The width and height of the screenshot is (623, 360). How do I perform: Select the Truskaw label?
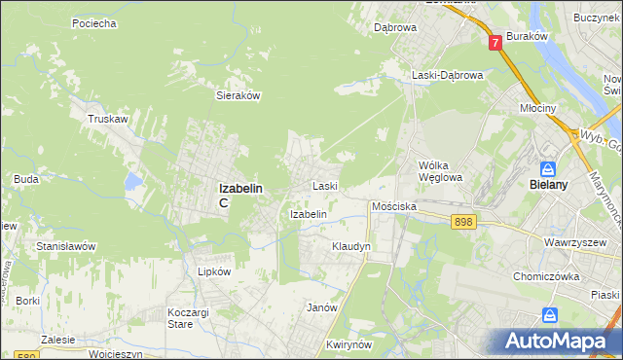(108, 119)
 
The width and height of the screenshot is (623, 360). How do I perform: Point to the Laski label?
(324, 185)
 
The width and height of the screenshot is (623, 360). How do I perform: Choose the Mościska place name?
(394, 207)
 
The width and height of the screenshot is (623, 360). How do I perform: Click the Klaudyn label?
(351, 247)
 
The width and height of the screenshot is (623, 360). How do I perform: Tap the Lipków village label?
(214, 272)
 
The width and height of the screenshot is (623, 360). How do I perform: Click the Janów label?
(321, 307)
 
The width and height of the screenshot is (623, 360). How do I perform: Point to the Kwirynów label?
(351, 345)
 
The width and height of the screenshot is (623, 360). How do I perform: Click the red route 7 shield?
(495, 42)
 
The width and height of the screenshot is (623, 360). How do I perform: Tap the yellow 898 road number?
(463, 223)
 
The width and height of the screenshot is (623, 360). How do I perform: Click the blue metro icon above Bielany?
(548, 168)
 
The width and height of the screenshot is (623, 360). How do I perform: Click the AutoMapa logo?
(556, 341)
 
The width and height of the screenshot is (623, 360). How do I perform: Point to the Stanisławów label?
(65, 246)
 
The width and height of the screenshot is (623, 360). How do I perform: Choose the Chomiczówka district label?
(547, 275)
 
